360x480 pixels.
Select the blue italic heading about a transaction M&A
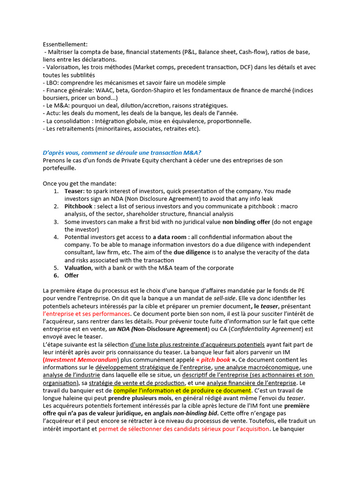coord(122,153)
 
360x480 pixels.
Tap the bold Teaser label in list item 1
coord(74,191)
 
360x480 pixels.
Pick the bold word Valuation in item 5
coord(78,268)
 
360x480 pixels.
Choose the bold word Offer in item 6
coord(72,276)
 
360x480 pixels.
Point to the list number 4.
coord(56,237)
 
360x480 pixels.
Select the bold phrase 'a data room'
coord(169,237)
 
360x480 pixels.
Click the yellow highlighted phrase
coord(182,390)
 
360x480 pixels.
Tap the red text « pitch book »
coord(211,360)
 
